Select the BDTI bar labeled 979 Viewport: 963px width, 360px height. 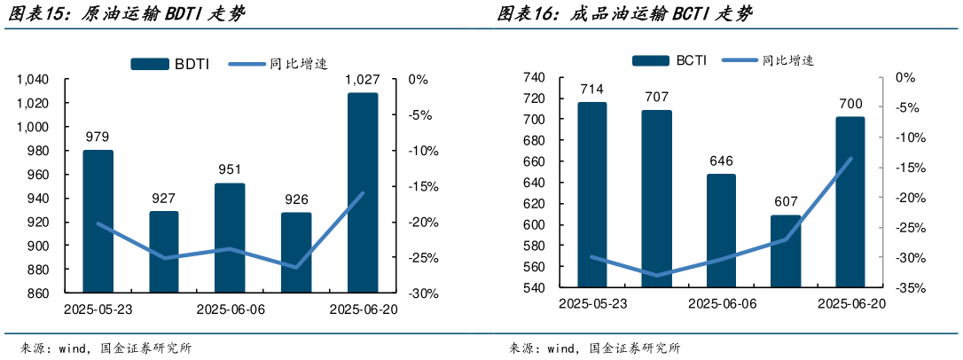coord(98,221)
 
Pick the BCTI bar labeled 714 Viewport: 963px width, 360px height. coord(592,194)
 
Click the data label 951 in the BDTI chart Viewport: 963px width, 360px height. coord(230,170)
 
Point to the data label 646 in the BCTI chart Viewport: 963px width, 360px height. coord(721,160)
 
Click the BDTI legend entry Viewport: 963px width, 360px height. coord(170,64)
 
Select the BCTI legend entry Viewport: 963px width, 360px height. coord(670,60)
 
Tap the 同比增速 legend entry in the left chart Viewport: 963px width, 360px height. coord(278,64)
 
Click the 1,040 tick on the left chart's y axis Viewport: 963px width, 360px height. coord(32,80)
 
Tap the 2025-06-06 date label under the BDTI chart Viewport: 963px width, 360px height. coord(231,309)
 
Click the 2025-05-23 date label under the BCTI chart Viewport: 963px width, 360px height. coord(592,304)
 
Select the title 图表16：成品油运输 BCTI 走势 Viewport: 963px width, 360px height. coord(624,14)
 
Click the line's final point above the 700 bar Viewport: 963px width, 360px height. coord(850,159)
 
